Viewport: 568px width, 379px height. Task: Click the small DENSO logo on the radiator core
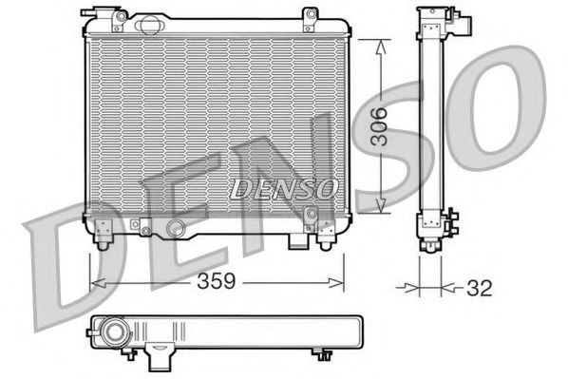click(x=282, y=187)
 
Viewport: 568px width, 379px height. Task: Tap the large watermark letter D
click(x=66, y=261)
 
